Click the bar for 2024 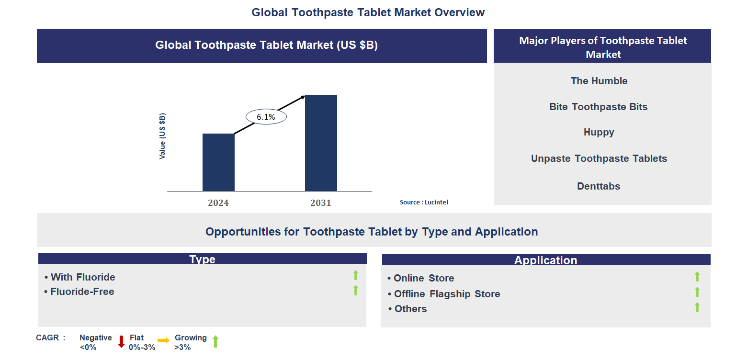point(218,162)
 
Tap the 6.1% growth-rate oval point(266,116)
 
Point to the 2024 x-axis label point(218,203)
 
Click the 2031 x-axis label point(321,203)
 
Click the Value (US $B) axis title point(163,136)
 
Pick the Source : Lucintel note point(424,202)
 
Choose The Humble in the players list point(599,81)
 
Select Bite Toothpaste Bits point(598,107)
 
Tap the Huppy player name point(599,132)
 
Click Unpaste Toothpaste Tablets point(599,158)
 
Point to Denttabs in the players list point(599,186)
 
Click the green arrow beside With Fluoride point(356,275)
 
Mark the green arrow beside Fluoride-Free point(356,290)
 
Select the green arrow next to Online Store point(697,277)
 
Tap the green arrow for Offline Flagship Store point(697,292)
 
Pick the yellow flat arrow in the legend point(163,340)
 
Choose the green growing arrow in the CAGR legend point(215,341)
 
